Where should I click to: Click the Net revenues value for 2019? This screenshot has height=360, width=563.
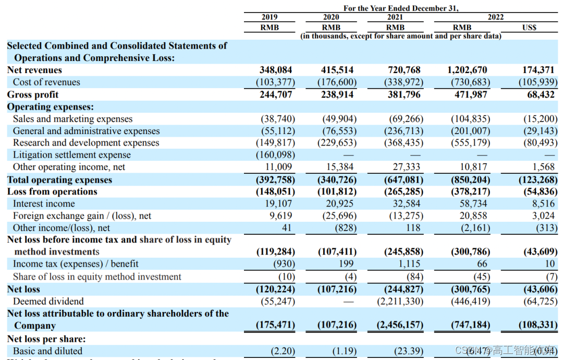(x=276, y=70)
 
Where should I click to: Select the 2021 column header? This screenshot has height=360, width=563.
(x=395, y=17)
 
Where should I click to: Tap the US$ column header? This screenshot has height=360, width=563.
(x=529, y=27)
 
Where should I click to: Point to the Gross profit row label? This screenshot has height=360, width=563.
(x=33, y=94)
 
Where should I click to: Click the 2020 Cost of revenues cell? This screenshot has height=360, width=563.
(x=337, y=82)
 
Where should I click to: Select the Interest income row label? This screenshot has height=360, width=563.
(x=44, y=203)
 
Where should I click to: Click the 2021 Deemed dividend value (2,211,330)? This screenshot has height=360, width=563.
(x=400, y=301)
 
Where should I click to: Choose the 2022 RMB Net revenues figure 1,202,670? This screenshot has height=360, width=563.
(x=469, y=70)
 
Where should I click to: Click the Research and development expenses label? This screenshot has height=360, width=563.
(x=86, y=142)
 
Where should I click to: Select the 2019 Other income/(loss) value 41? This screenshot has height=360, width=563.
(x=287, y=227)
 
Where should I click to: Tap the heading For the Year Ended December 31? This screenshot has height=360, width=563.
(x=400, y=8)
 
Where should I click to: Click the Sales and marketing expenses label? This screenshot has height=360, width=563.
(x=72, y=119)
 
